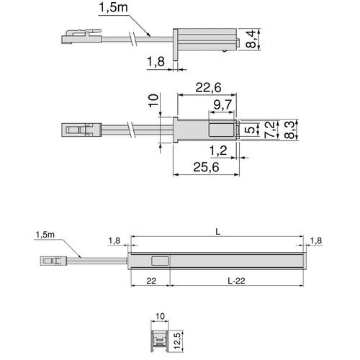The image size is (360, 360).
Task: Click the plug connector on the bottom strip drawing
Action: point(51,256)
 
